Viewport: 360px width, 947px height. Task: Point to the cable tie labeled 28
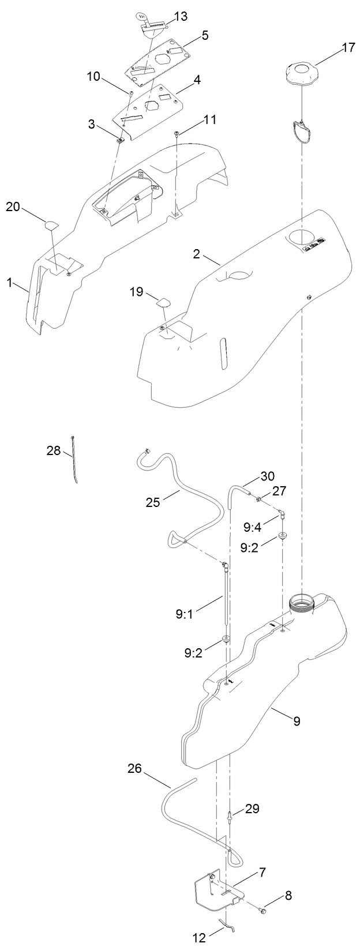75,456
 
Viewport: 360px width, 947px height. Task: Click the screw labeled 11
177,134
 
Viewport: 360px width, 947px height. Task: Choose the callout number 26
134,768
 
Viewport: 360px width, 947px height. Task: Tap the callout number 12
198,938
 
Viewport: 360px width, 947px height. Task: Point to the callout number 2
197,253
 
